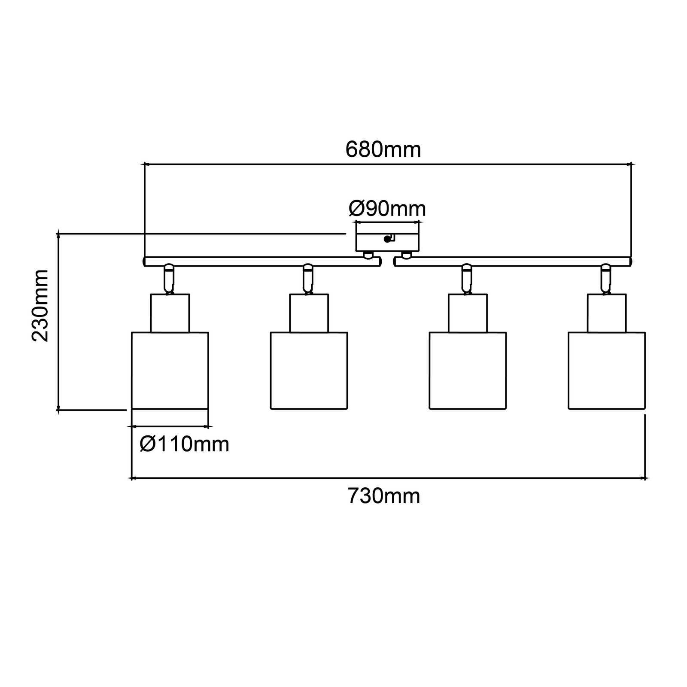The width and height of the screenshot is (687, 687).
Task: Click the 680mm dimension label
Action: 383,150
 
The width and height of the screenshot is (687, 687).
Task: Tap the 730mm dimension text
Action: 383,496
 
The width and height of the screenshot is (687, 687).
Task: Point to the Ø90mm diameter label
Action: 387,209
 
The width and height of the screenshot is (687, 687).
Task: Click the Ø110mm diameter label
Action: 184,444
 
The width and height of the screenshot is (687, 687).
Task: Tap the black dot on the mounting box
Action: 387,239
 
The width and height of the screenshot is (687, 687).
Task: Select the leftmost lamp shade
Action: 170,370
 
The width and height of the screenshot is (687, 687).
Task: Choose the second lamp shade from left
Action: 309,370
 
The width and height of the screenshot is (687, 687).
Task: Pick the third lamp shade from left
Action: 468,370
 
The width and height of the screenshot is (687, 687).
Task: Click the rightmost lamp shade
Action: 607,370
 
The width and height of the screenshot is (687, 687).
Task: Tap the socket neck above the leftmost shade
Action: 170,313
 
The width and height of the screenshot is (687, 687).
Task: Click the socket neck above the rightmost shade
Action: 607,313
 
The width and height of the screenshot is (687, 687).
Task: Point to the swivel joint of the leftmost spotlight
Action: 169,279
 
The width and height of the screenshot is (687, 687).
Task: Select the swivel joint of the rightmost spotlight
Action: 605,279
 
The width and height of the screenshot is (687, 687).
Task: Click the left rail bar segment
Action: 262,261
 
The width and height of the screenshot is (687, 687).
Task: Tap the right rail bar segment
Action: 513,261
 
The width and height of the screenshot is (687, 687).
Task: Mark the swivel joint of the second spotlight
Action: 307,279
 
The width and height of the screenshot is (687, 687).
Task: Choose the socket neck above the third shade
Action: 468,313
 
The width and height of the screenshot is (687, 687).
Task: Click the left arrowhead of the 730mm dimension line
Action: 133,478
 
